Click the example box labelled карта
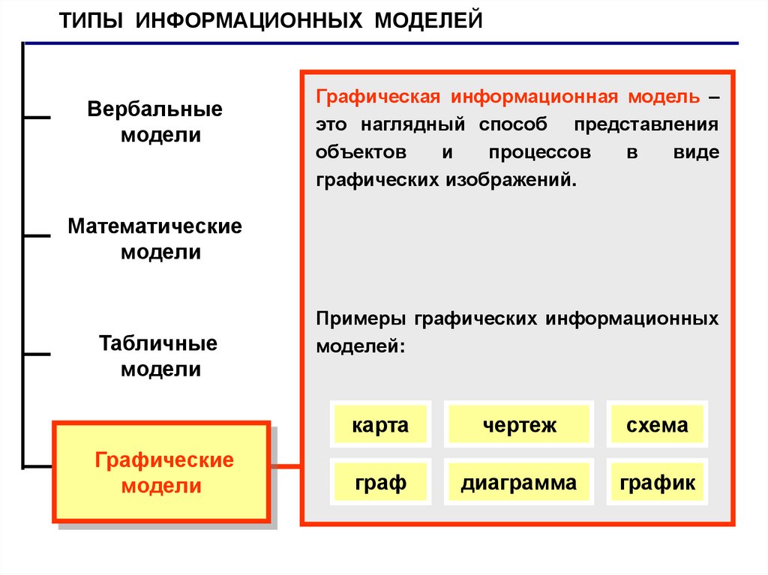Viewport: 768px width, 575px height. coord(380,426)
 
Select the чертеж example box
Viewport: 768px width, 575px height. coord(519,426)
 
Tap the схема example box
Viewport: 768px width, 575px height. coord(657,426)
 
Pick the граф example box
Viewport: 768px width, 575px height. coord(380,483)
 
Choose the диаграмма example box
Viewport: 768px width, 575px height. coord(519,483)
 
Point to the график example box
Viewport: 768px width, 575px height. coord(657,483)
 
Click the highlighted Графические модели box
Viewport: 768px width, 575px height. coord(160,472)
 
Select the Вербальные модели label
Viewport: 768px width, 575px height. coord(155,121)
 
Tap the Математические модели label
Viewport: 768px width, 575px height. coord(155,238)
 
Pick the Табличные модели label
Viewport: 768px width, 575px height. coord(158,355)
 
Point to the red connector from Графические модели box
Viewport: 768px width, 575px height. coord(285,467)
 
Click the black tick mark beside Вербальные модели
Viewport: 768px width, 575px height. coord(37,117)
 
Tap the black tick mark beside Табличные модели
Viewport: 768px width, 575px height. coord(37,352)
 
